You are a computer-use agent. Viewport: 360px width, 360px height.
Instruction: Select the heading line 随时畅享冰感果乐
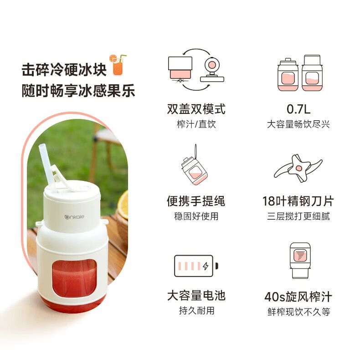(x=78, y=91)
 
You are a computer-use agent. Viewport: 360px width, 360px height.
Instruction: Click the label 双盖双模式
(x=196, y=109)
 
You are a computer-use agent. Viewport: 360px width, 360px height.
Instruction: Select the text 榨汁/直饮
(x=196, y=124)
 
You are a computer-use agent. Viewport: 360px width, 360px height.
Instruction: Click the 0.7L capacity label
(x=298, y=109)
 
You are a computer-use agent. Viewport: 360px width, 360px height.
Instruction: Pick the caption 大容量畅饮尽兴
(x=298, y=124)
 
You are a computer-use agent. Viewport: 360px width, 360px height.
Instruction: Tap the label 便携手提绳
(x=196, y=201)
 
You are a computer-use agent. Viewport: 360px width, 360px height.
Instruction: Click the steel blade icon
(x=298, y=168)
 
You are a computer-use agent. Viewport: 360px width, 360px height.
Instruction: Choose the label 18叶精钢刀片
(x=298, y=201)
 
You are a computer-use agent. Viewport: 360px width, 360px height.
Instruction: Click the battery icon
(x=196, y=266)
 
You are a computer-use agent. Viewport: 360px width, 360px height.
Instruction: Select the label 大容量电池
(x=196, y=296)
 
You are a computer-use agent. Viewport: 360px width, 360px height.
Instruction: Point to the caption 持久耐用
(x=196, y=311)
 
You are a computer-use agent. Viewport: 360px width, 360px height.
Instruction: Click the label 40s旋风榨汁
(x=298, y=297)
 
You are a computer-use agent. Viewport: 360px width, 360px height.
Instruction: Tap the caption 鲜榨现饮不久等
(x=298, y=312)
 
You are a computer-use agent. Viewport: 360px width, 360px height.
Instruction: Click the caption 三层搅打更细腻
(x=298, y=216)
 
